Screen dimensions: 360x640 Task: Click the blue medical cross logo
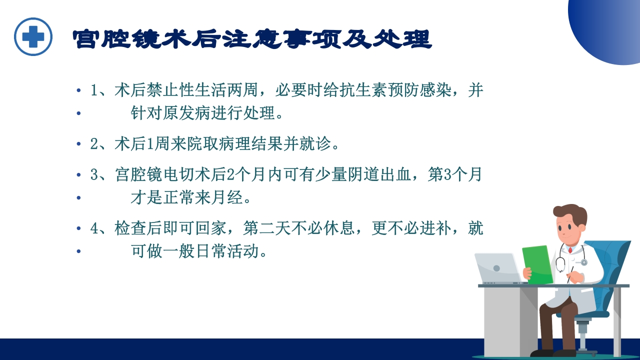pyautogui.click(x=33, y=36)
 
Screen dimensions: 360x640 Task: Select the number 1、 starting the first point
pyautogui.click(x=100, y=91)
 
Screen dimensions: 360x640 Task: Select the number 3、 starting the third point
pyautogui.click(x=100, y=175)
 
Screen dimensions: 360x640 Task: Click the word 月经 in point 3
pyautogui.click(x=229, y=198)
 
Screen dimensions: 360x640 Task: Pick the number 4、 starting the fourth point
pyautogui.click(x=100, y=229)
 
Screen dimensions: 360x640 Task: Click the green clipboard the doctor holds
pyautogui.click(x=537, y=264)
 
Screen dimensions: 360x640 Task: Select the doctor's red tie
pyautogui.click(x=569, y=248)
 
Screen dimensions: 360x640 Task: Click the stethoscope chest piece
pyautogui.click(x=583, y=262)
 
